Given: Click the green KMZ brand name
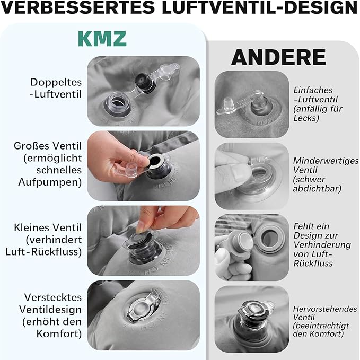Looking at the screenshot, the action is (102, 39).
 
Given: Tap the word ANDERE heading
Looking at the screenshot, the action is (278, 57).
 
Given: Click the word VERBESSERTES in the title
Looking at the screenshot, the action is (77, 7).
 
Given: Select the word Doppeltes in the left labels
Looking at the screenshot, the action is (56, 82).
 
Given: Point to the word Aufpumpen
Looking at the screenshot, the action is (50, 182).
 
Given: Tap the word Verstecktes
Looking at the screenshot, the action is (53, 297).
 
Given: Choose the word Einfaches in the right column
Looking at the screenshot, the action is (313, 90).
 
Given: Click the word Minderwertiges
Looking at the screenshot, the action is (326, 161).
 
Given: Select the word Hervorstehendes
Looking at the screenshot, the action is (325, 309).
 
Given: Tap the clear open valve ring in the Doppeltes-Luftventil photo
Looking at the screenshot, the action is (117, 103).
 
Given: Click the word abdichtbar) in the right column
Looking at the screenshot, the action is (317, 189).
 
